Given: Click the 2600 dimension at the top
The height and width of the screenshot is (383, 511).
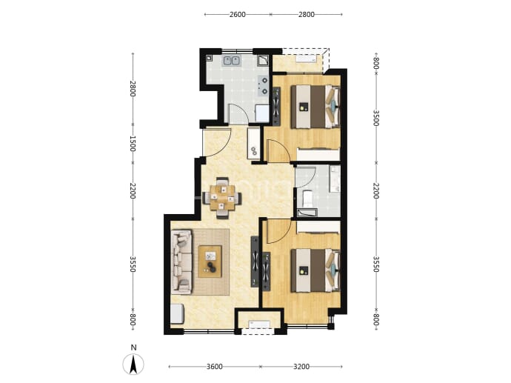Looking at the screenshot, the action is tap(237, 14).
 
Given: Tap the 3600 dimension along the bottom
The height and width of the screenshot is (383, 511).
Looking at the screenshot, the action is tap(215, 367).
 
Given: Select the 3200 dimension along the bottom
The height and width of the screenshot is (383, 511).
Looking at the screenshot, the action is tap(301, 367).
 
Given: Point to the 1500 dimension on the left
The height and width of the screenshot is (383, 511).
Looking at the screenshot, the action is tap(132, 144).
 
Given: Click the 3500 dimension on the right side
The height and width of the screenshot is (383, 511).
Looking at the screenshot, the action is tap(375, 118).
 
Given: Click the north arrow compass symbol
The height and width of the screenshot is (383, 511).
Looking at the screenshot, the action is tap(133, 364).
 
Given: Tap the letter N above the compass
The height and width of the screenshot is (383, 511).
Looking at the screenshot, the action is tap(133, 347).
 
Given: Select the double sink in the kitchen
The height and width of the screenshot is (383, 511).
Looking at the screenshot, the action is tap(231, 61).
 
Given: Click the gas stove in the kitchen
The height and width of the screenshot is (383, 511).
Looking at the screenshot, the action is tap(264, 85).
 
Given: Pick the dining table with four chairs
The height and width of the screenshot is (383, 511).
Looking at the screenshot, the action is tap(222, 198).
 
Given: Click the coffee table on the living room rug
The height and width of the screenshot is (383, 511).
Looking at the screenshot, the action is tap(210, 262).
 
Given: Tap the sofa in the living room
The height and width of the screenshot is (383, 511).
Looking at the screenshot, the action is tap(182, 262).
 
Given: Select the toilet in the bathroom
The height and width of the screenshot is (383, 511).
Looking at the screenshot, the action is tap(307, 199).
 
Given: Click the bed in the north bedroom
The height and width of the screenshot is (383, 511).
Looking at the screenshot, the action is tap(315, 107).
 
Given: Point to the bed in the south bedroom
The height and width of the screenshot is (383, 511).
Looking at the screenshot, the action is tap(315, 270).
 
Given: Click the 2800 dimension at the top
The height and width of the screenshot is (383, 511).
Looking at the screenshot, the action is tap(307, 14).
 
